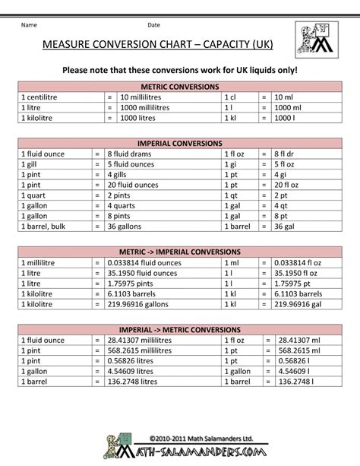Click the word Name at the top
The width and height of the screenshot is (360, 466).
(x=29, y=26)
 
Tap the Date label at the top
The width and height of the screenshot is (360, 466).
(x=153, y=26)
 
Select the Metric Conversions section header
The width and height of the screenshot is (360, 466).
(x=179, y=87)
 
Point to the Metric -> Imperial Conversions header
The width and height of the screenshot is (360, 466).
(x=179, y=252)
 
